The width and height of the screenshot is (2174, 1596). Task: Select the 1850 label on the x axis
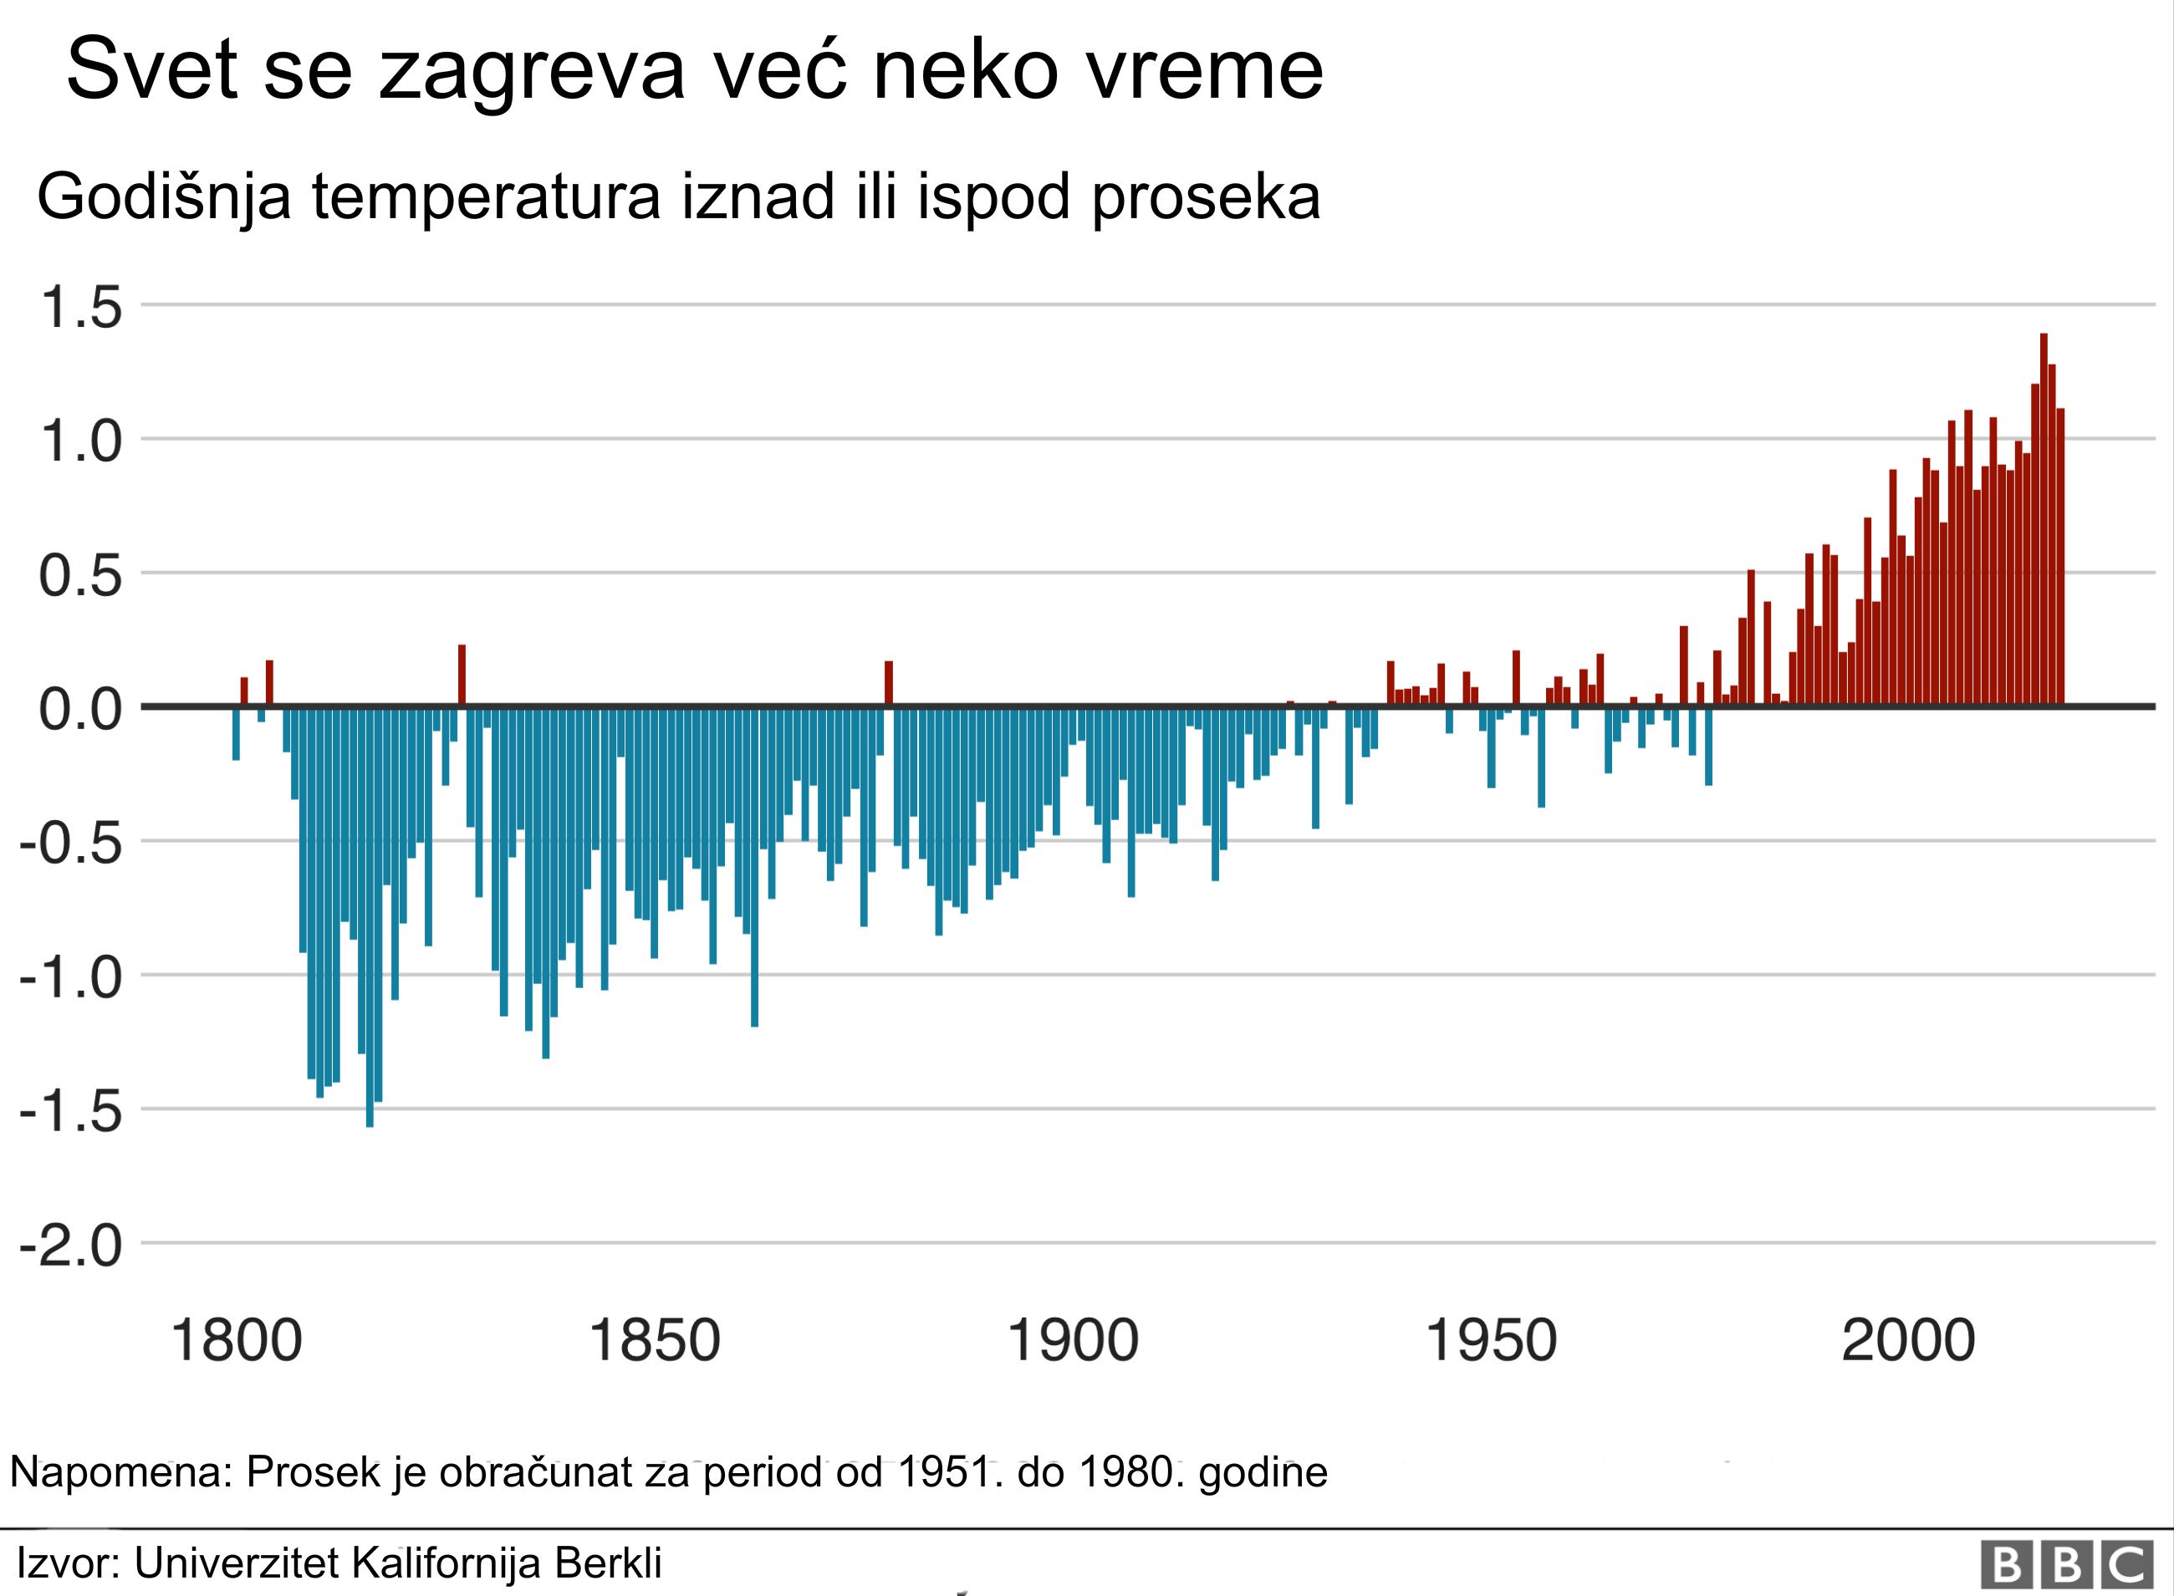click(x=654, y=1342)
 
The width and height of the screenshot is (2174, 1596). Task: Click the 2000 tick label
click(x=1907, y=1342)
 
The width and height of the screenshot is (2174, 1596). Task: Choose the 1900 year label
click(x=1073, y=1342)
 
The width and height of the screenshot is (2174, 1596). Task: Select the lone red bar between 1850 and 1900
click(x=889, y=683)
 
